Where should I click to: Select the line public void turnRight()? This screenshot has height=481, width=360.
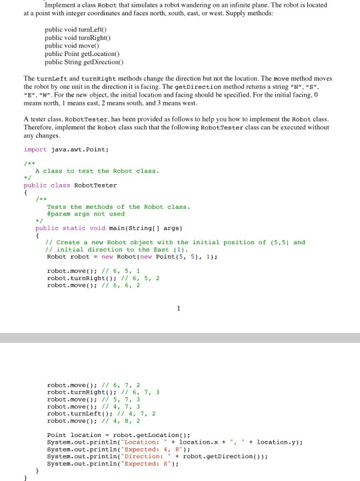(x=75, y=40)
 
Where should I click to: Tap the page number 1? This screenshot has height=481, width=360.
(x=179, y=308)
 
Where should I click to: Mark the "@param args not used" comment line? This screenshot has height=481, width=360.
(x=86, y=213)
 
